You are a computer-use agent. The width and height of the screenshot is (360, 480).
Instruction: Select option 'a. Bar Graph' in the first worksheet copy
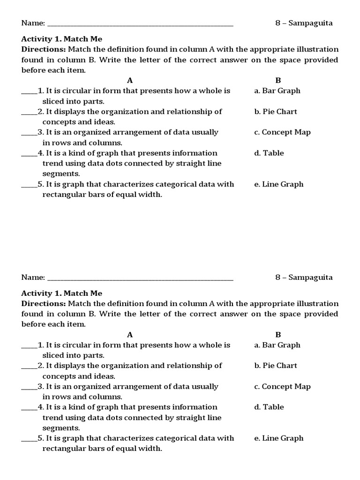click(x=277, y=91)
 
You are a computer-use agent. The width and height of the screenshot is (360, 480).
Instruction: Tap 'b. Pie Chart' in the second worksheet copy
click(x=276, y=366)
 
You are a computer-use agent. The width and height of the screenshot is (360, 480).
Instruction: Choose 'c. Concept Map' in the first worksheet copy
click(x=282, y=132)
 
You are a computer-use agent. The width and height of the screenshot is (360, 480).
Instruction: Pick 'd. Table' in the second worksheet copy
click(x=269, y=407)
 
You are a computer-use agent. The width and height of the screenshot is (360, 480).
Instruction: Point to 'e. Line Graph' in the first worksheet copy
click(x=279, y=184)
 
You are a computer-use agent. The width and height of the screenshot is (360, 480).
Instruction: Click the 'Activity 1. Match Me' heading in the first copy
click(x=61, y=39)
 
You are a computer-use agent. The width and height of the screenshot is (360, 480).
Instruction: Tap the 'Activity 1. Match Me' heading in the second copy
click(x=61, y=293)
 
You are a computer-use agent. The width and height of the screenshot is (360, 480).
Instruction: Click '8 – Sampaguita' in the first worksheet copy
click(x=304, y=23)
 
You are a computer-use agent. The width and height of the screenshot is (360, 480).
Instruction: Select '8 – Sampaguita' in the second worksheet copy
click(x=304, y=277)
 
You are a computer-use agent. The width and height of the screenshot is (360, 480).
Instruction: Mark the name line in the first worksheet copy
click(x=140, y=24)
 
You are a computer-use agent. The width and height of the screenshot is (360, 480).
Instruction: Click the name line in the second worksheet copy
click(x=140, y=278)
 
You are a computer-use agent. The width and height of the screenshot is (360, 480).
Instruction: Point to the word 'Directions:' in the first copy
click(x=44, y=49)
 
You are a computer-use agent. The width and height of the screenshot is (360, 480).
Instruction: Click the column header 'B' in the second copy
click(x=278, y=335)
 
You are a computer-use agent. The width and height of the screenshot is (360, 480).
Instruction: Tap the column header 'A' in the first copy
click(x=130, y=81)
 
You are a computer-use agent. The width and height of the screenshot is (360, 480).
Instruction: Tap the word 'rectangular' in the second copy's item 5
click(x=62, y=449)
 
